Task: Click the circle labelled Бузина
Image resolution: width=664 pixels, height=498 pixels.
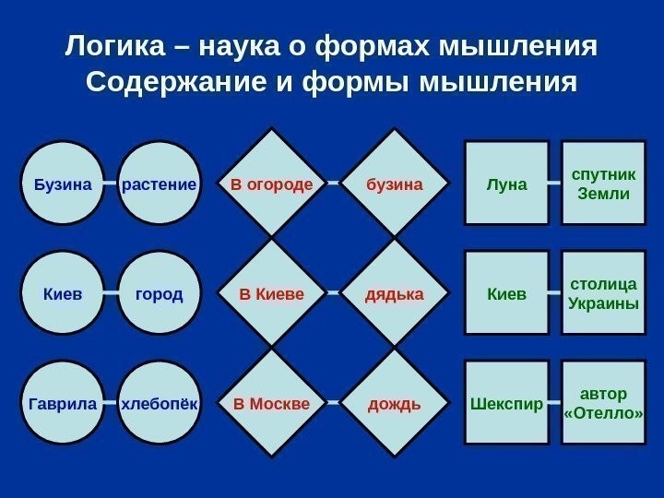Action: pos(63,184)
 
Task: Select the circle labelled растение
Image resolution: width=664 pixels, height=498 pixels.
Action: pos(160,184)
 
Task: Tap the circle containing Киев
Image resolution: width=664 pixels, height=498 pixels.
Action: pos(63,294)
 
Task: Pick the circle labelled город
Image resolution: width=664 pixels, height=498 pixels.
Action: pos(160,294)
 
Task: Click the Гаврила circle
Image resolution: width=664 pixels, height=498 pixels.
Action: pos(63,404)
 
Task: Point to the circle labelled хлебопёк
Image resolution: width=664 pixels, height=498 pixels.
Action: pos(160,404)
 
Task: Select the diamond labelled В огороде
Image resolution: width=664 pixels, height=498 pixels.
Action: pos(272,184)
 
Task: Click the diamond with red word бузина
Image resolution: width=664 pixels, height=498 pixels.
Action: pos(395,184)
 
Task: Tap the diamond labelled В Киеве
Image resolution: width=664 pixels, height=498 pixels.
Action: pos(272,294)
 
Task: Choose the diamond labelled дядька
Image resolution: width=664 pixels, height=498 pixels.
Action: pos(395,294)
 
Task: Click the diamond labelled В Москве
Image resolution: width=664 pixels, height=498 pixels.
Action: pos(272,404)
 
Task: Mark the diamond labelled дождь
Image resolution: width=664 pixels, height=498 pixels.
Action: pos(395,404)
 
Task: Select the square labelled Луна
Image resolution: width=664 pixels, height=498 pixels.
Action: pos(506,184)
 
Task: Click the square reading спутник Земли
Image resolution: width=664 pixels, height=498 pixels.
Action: pos(603,184)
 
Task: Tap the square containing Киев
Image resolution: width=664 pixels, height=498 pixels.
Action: pos(506,294)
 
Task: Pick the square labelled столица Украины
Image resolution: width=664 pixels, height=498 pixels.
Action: pos(603,294)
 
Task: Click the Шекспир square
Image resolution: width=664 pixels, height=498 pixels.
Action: pos(506,404)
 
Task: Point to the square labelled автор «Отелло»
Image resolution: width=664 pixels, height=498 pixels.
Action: pos(603,404)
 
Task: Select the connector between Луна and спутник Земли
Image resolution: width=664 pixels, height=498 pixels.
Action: pos(555,184)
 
